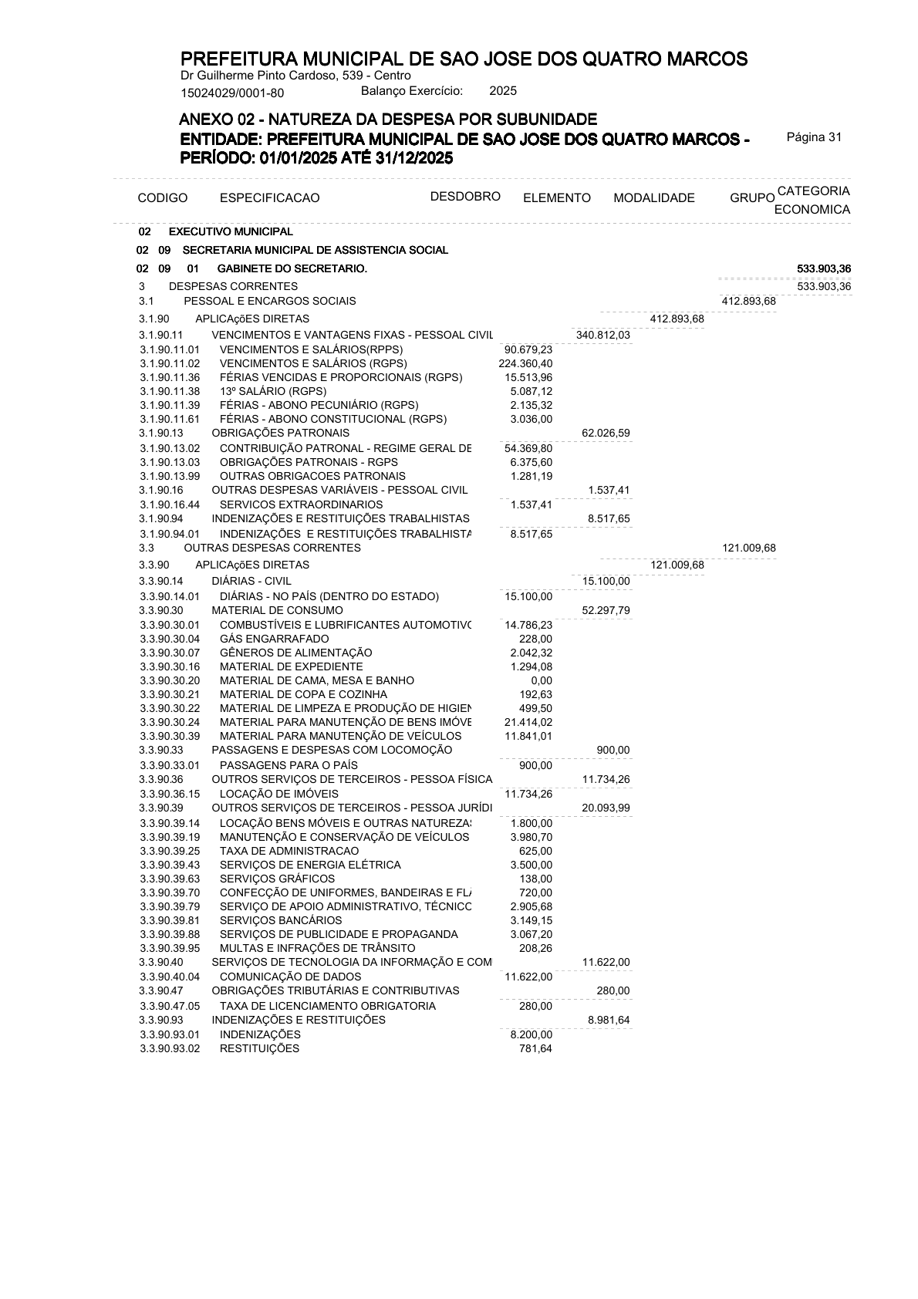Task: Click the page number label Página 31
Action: coord(814,137)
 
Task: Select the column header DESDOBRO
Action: coord(465,196)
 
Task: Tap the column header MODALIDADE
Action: coord(653,198)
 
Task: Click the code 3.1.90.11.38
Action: coord(170,391)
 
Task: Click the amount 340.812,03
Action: coord(602,335)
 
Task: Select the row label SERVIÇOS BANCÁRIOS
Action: coord(280,920)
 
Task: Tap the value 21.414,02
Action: coord(528,722)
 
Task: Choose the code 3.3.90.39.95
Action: coord(170,948)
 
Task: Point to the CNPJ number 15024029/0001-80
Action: coord(232,93)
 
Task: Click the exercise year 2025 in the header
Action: coord(503,91)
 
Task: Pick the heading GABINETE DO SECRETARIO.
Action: coord(292,268)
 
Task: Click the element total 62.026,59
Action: coord(606,433)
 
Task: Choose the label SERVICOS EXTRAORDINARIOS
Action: coord(301,504)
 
